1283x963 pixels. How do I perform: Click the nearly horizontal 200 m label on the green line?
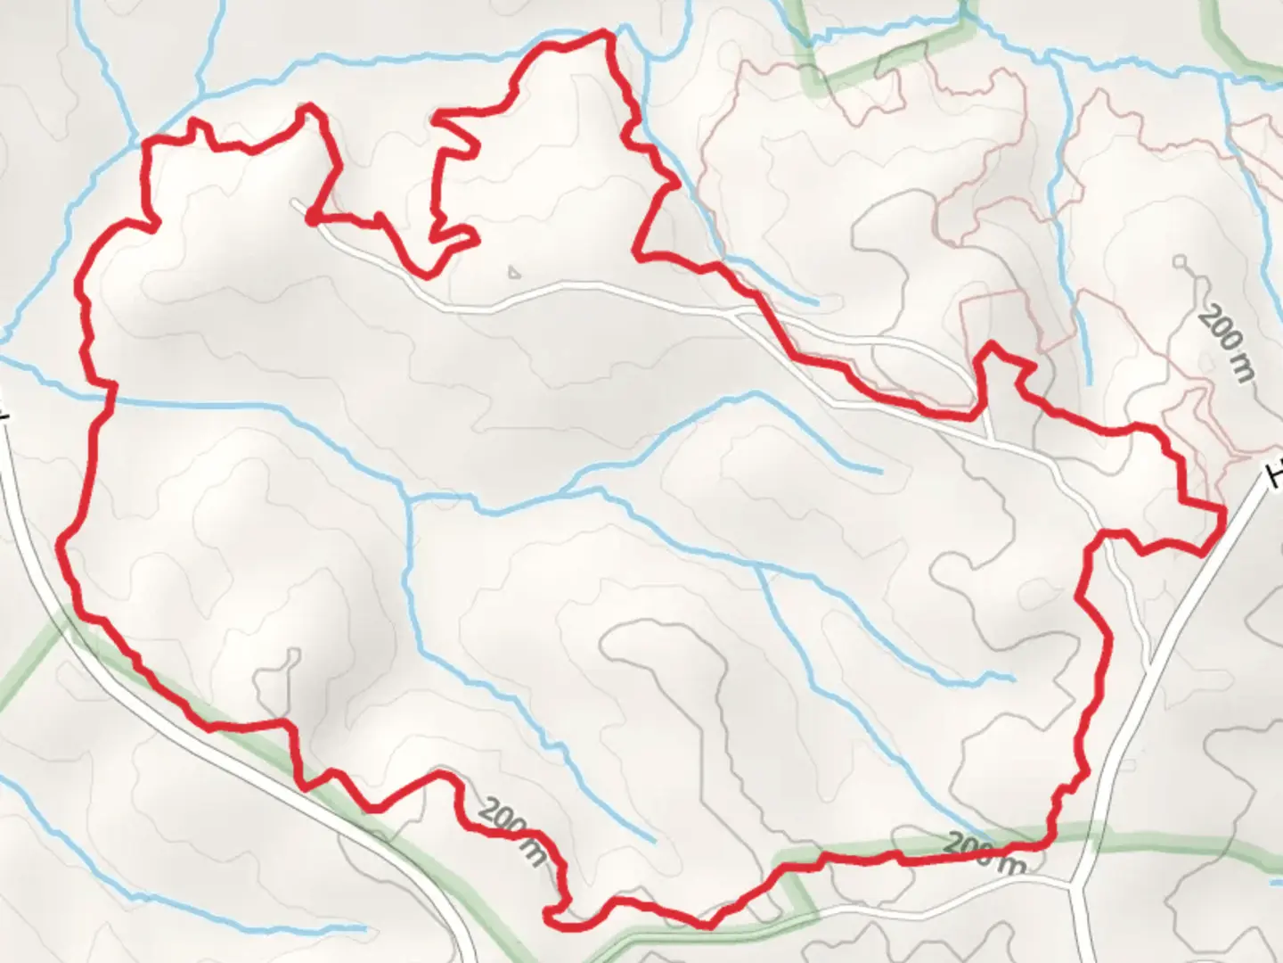(984, 852)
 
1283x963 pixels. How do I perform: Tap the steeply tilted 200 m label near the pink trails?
(1226, 343)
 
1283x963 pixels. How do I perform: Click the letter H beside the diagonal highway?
(1276, 473)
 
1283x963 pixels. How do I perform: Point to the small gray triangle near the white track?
(512, 271)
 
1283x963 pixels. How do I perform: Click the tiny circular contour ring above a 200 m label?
(1181, 262)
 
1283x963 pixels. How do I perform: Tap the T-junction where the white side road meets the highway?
(1076, 886)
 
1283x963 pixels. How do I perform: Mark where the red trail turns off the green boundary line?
(1051, 838)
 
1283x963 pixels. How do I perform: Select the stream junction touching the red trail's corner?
(144, 141)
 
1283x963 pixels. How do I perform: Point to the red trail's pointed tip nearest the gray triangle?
(478, 239)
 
